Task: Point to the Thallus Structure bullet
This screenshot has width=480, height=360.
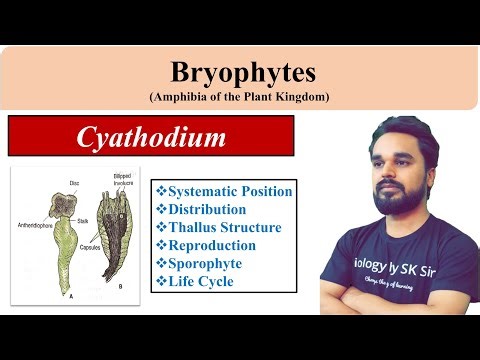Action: coord(217,227)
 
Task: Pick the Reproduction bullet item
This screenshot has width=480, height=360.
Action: coord(210,245)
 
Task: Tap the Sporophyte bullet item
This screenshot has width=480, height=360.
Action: coord(204,263)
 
